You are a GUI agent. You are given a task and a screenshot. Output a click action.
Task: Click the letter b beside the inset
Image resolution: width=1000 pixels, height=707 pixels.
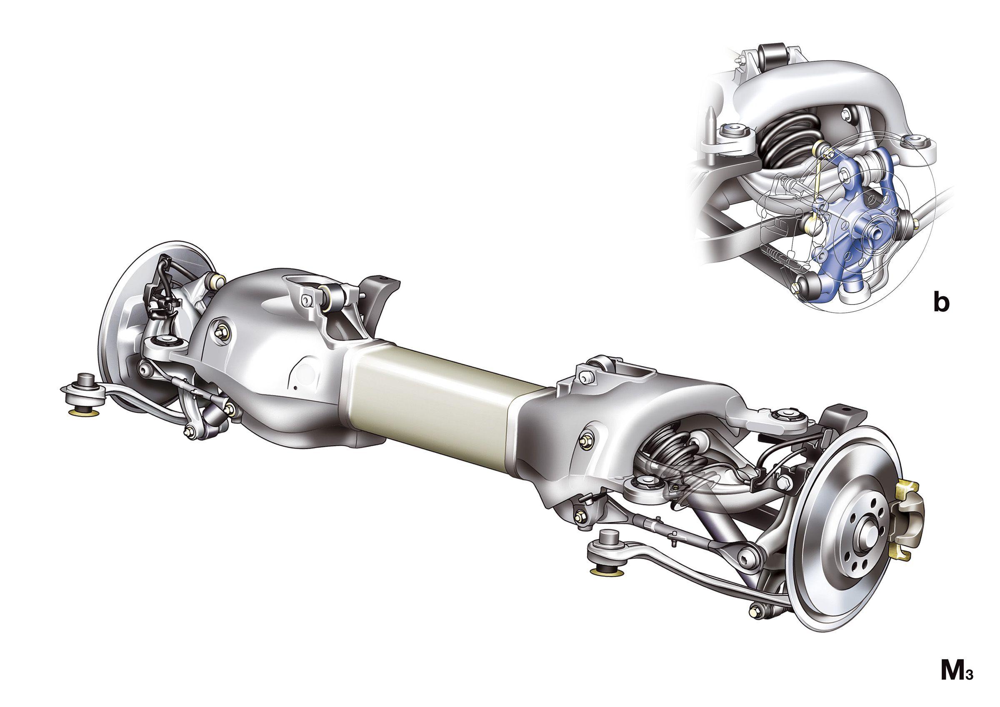[941, 303]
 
